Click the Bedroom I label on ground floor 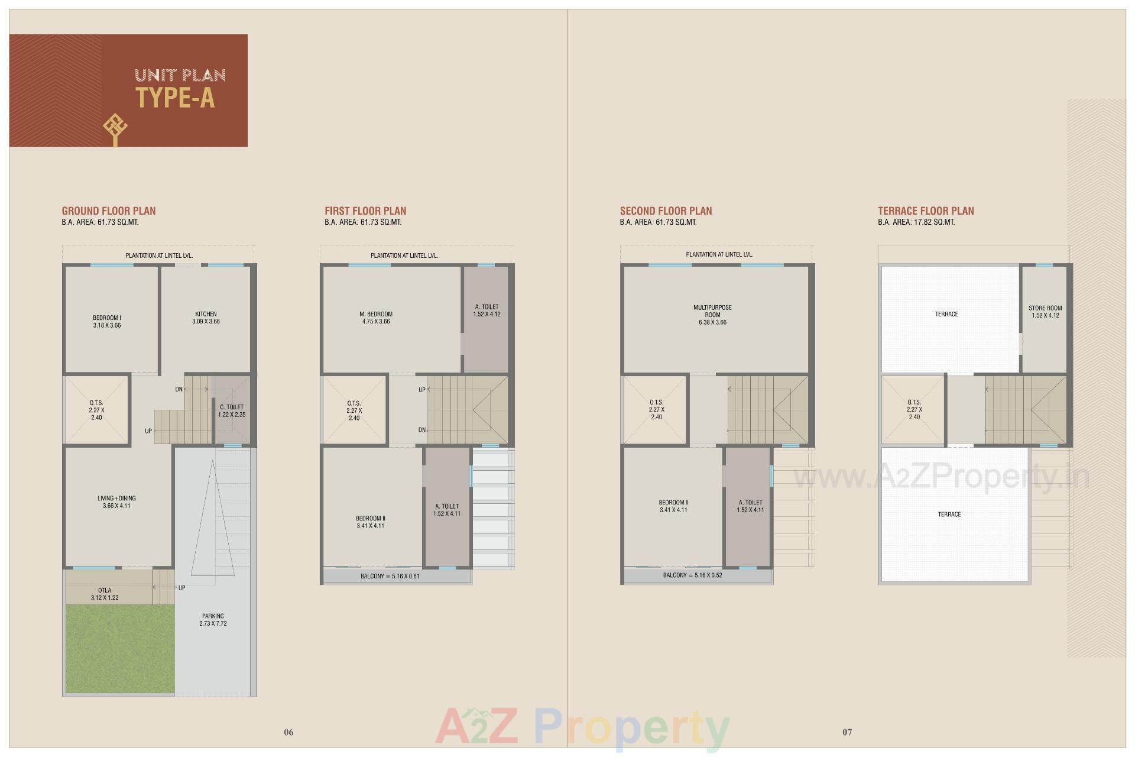click(x=107, y=321)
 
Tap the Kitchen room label click(x=206, y=318)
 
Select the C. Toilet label click(x=232, y=410)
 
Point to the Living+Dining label click(x=116, y=502)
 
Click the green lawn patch click(x=120, y=648)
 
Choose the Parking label click(x=213, y=619)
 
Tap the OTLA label click(x=105, y=594)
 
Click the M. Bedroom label click(x=376, y=318)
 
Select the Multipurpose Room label click(x=712, y=315)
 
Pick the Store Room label click(x=1045, y=312)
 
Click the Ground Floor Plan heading click(x=109, y=211)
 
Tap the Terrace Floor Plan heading click(x=926, y=211)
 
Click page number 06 click(x=288, y=732)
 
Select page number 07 click(x=847, y=732)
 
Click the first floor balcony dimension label click(x=390, y=576)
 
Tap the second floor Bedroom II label click(x=673, y=506)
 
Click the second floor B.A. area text click(x=658, y=222)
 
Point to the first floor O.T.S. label click(x=354, y=410)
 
